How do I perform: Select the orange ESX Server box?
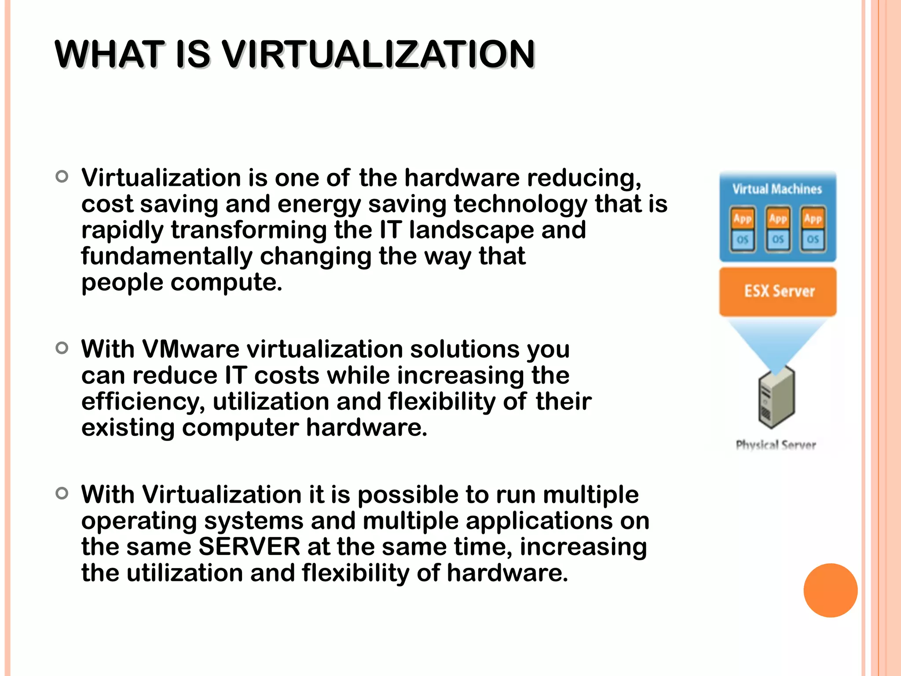coord(778,291)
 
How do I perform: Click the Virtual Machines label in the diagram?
coord(777,189)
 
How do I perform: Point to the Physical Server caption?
coord(776,445)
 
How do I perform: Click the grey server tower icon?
coord(776,397)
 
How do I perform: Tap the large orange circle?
coord(830,590)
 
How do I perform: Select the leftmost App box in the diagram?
coord(743,219)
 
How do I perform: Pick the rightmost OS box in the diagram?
coord(813,239)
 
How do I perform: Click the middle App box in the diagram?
coord(778,219)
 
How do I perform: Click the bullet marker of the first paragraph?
coord(62,177)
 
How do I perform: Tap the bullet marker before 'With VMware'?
coord(62,348)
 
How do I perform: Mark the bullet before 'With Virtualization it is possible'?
coord(62,493)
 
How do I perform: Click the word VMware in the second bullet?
coord(191,349)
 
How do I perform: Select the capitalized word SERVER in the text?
coord(249,547)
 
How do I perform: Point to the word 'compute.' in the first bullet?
coord(226,283)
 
